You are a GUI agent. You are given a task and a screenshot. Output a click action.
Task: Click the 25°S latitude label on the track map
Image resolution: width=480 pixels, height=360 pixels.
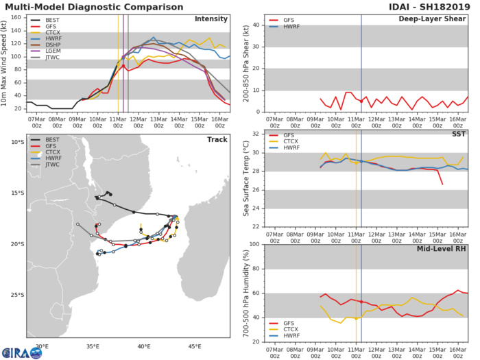click(x=15, y=295)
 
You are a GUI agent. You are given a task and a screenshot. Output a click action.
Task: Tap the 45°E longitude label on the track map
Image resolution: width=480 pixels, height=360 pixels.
click(x=195, y=346)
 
